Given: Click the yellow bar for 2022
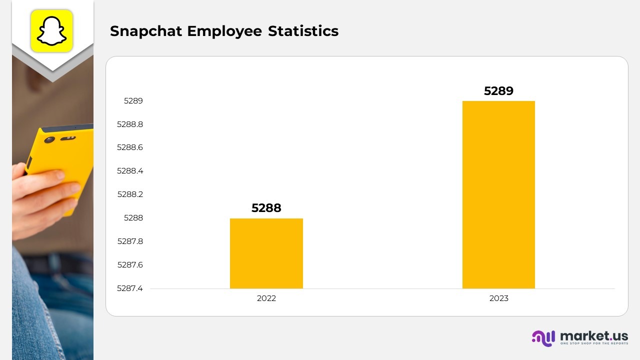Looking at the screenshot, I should click(x=266, y=253).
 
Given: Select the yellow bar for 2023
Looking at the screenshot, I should click(x=498, y=194).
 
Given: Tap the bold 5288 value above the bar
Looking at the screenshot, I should click(x=266, y=208).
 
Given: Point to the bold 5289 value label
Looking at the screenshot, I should click(x=498, y=91).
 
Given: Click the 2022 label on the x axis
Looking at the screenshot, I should click(x=266, y=298).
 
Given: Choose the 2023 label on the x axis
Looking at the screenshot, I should click(x=498, y=298).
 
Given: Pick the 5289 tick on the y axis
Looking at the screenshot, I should click(x=133, y=101).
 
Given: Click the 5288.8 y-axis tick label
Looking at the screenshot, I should click(x=130, y=124).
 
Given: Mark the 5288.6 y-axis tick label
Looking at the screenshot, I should click(x=130, y=147).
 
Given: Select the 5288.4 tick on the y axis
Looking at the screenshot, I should click(x=130, y=171).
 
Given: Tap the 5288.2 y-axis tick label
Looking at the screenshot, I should click(x=130, y=194).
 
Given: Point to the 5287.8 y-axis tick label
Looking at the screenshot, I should click(x=130, y=241).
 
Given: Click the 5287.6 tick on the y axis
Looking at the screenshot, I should click(x=130, y=265).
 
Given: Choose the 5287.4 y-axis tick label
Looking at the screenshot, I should click(x=130, y=288).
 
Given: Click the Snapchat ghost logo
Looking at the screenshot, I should click(x=52, y=30).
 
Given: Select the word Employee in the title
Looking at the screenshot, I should click(x=224, y=31).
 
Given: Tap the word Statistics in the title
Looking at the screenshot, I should click(x=303, y=31).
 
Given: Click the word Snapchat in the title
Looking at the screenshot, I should click(x=146, y=31).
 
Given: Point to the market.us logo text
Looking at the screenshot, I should click(x=593, y=335).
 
